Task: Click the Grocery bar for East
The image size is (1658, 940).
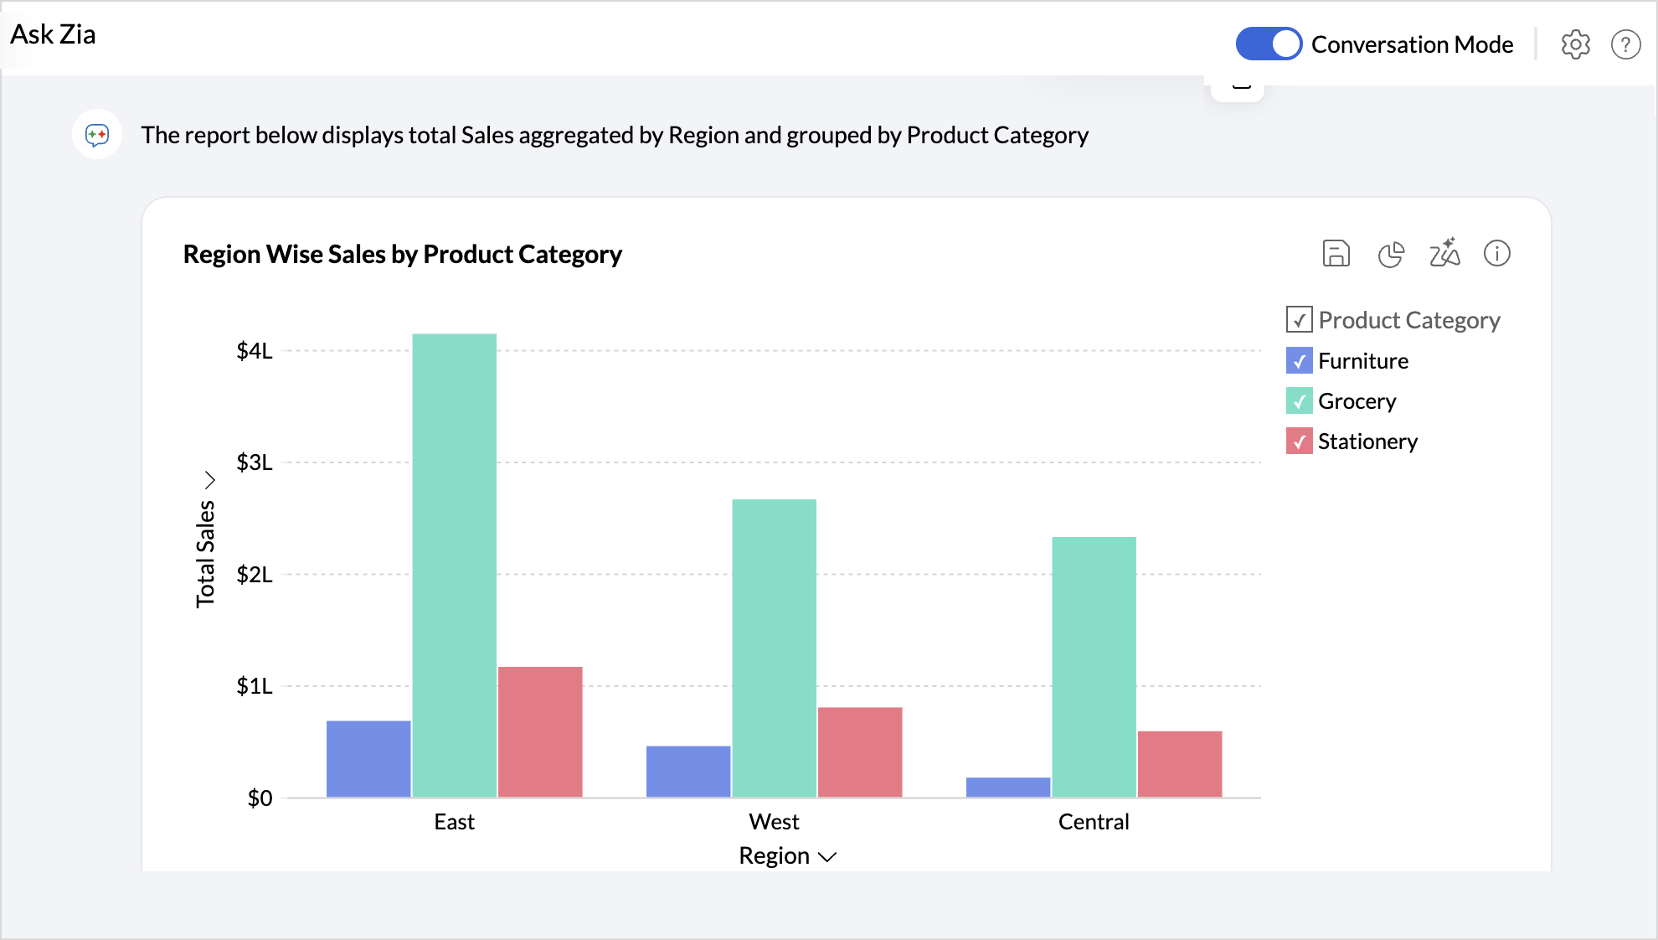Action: coord(454,566)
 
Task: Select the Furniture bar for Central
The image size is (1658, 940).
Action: coord(1007,788)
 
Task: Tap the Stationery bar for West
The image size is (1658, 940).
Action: coord(859,751)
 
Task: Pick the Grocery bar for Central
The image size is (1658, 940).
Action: coord(1094,667)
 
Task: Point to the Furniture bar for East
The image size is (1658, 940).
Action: coord(368,759)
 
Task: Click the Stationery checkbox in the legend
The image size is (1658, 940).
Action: coord(1299,442)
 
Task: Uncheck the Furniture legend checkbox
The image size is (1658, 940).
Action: coord(1299,361)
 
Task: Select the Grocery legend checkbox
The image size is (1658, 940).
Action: coord(1299,401)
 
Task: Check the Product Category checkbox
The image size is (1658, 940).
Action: coord(1299,320)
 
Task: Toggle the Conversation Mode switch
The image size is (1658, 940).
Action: coord(1269,44)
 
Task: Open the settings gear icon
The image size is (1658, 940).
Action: coord(1575,44)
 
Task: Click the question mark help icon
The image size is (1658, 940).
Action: coord(1625,44)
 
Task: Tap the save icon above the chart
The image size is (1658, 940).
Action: coord(1336,253)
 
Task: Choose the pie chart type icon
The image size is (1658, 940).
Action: coord(1391,254)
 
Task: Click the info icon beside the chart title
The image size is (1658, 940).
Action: coord(1496,253)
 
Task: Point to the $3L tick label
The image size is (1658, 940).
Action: coord(255,462)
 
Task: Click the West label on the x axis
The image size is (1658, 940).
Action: coord(774,822)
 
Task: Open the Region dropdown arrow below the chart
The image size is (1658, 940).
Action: coord(827,856)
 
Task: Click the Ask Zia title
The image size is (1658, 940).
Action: coord(53,34)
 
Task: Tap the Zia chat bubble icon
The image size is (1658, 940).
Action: coord(97,134)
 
